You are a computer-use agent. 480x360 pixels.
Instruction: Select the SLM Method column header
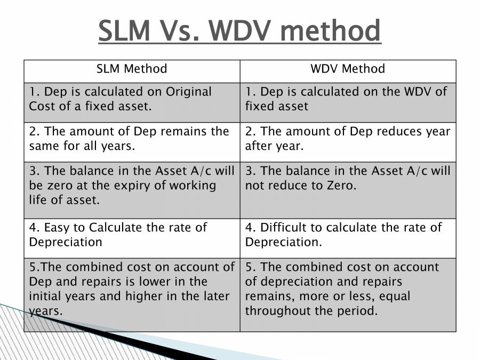131,69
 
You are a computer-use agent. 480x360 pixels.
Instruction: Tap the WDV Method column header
348,69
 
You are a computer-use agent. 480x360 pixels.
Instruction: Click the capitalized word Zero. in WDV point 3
339,186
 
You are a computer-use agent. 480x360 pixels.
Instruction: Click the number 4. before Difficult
250,228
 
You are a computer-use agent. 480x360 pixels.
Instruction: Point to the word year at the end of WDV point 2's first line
438,131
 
